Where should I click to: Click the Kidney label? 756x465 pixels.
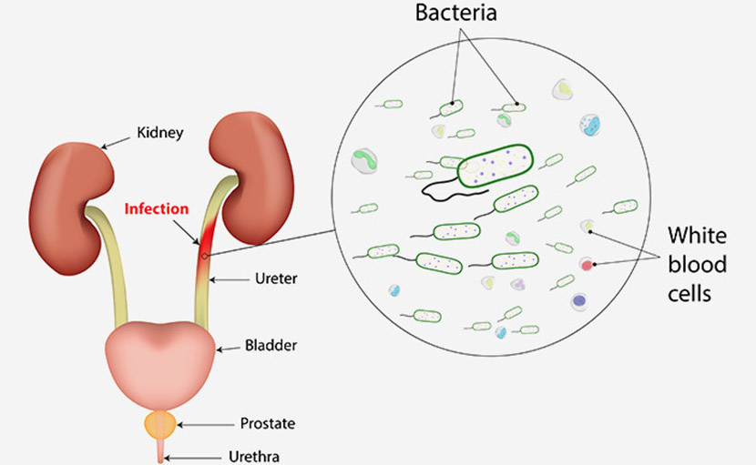160,133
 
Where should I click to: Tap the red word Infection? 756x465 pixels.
156,208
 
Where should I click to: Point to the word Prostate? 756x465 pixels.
268,423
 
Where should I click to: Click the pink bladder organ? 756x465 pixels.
161,349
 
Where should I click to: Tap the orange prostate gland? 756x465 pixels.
161,423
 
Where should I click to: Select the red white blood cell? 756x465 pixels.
587,266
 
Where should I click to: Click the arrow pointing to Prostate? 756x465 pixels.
203,423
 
